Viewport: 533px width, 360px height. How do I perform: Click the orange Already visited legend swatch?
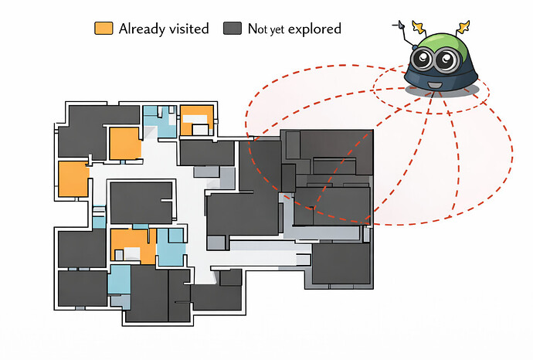click(104, 29)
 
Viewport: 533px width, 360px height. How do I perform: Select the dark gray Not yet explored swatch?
click(233, 29)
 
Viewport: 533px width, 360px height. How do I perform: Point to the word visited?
click(189, 29)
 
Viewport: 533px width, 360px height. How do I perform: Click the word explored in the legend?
click(314, 29)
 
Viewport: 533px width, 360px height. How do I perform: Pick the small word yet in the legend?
click(277, 30)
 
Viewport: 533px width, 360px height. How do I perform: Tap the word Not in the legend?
click(258, 29)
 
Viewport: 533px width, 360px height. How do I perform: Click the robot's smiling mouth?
click(433, 85)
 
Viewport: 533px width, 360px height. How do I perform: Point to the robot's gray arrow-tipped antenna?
click(405, 34)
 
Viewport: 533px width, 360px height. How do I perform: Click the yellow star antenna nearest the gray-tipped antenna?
click(419, 28)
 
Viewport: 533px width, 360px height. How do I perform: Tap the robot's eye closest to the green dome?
click(446, 60)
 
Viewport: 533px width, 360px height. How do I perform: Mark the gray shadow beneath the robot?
click(442, 90)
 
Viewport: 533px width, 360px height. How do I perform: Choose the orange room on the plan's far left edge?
click(73, 179)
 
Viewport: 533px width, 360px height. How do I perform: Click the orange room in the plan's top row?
click(197, 120)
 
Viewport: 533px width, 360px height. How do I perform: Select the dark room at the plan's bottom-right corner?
click(341, 263)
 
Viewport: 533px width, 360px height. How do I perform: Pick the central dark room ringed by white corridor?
click(141, 203)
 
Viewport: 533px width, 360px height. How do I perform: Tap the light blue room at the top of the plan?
click(159, 121)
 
